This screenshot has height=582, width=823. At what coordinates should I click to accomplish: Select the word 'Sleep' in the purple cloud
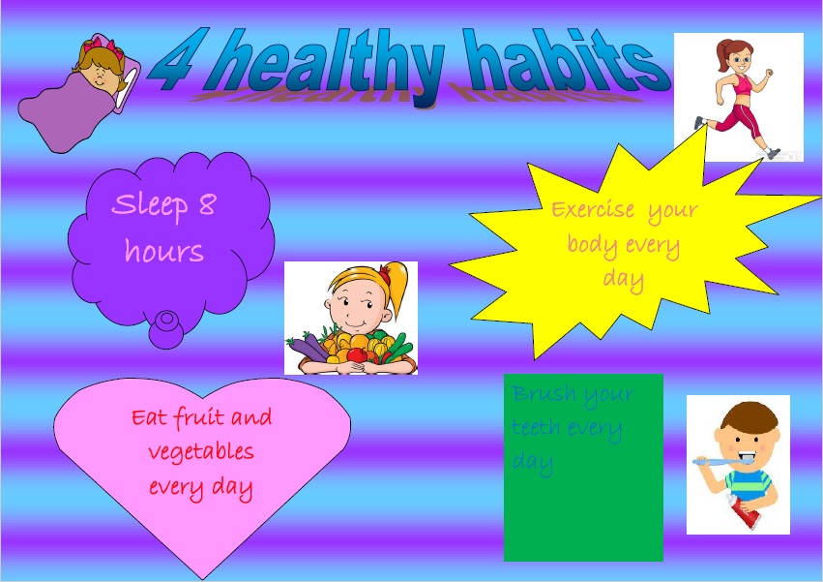point(149,206)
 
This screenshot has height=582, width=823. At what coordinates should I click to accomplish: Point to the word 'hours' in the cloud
point(164,253)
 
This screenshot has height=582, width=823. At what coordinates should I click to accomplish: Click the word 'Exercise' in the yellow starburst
point(593,209)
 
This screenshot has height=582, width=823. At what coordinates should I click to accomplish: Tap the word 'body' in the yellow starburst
point(591,244)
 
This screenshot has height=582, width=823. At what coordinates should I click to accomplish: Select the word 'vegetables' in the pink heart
point(201,452)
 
